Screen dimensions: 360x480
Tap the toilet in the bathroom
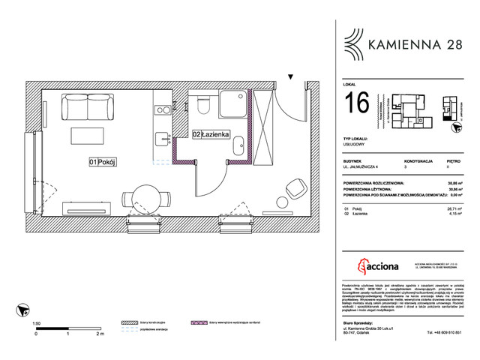click(x=201, y=105)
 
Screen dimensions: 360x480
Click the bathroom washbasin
click(x=237, y=144)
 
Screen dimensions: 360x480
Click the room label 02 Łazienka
click(x=207, y=134)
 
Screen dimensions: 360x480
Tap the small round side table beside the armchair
click(x=282, y=202)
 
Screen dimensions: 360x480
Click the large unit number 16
click(x=356, y=104)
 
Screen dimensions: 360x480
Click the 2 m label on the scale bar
click(x=99, y=335)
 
